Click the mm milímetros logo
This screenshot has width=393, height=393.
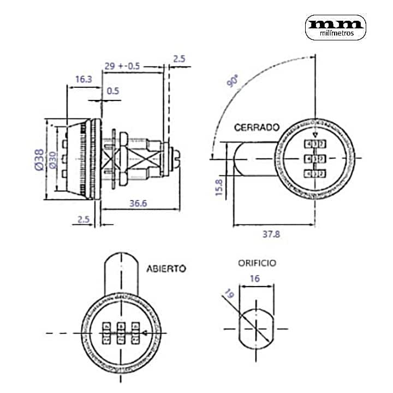(x=335, y=27)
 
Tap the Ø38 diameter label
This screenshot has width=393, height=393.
(x=39, y=159)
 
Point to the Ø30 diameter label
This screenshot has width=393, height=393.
(x=52, y=159)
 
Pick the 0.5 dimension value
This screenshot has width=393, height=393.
(x=113, y=91)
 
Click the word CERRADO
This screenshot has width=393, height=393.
(x=257, y=127)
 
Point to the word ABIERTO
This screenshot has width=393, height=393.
(x=166, y=269)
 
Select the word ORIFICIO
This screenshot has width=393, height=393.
(x=257, y=263)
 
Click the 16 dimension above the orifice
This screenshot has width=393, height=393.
(x=255, y=278)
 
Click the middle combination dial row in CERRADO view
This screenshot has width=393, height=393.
(x=315, y=159)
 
